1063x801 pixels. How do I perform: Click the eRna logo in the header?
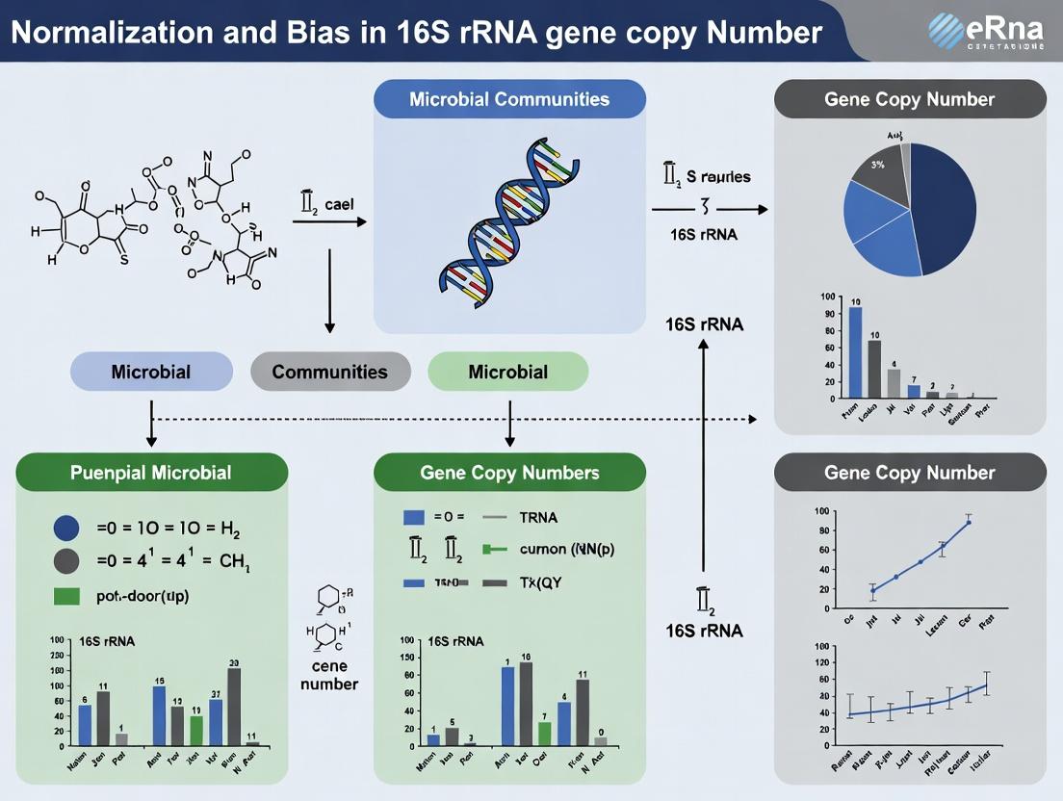(x=986, y=31)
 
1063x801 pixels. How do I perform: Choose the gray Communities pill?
(x=329, y=372)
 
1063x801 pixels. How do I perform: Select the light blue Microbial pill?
(x=151, y=372)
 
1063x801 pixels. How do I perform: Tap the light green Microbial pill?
(x=507, y=372)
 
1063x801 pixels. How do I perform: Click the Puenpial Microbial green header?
(x=151, y=472)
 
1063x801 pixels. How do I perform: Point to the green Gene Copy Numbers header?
(x=509, y=472)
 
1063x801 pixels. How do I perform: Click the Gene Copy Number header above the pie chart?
(x=909, y=99)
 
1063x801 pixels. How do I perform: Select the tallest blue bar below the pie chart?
(x=855, y=352)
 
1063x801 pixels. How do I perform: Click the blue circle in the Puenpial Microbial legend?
(x=66, y=527)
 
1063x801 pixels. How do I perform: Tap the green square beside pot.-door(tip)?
(x=66, y=595)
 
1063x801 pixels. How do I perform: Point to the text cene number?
(x=329, y=675)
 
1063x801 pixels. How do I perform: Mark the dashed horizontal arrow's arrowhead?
(x=752, y=419)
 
